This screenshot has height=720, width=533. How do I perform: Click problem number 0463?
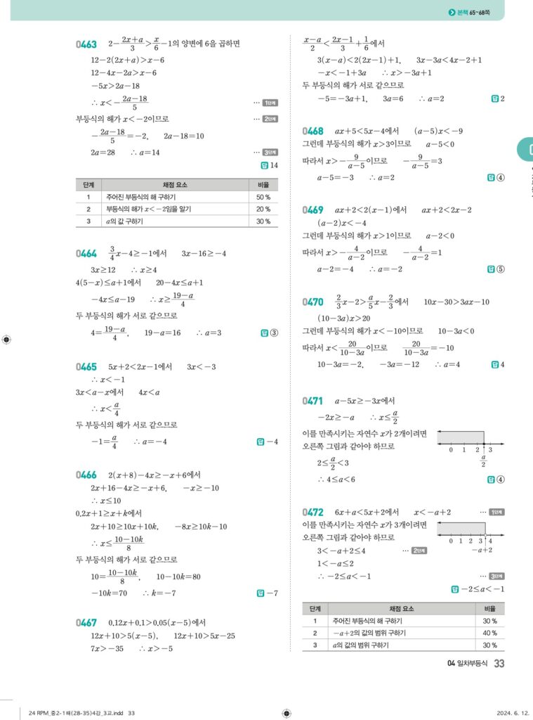click(86, 44)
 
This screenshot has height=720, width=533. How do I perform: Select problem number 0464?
click(86, 253)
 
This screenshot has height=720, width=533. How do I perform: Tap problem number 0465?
click(86, 366)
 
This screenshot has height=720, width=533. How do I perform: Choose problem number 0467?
click(86, 622)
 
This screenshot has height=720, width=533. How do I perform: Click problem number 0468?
click(313, 131)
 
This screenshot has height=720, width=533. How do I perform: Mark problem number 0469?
click(313, 210)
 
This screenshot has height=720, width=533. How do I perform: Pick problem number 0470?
click(313, 302)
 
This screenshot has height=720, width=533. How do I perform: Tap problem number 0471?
click(313, 401)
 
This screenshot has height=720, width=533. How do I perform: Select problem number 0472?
click(313, 512)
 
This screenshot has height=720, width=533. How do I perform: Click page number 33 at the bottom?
click(499, 663)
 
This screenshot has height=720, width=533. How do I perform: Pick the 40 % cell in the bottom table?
click(489, 633)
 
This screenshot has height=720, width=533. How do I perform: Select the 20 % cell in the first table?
click(263, 210)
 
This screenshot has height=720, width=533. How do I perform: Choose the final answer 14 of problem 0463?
click(270, 166)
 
